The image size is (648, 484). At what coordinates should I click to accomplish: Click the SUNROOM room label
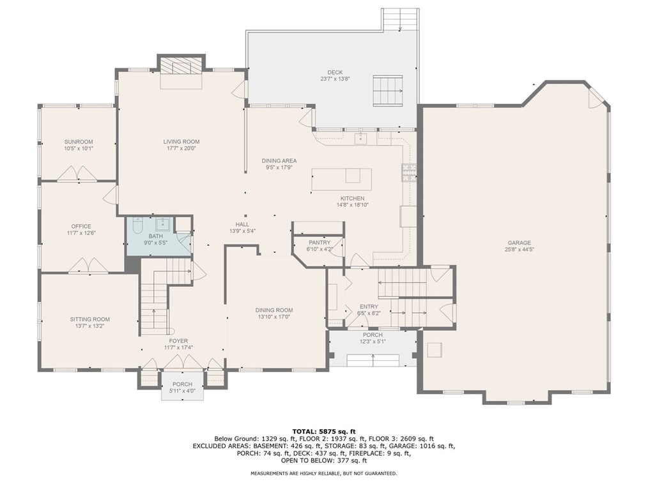(x=79, y=142)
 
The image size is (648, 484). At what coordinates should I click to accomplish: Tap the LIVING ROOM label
(x=181, y=142)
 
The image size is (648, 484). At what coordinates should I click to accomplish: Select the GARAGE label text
(x=519, y=243)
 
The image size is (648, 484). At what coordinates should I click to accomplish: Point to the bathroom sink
(x=162, y=223)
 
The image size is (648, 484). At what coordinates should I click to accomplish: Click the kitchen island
(x=341, y=180)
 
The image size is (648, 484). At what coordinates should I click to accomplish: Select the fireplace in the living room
(x=181, y=68)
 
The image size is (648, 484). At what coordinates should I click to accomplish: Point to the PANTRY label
(x=319, y=243)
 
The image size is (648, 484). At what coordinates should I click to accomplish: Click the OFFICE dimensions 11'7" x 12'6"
(x=81, y=233)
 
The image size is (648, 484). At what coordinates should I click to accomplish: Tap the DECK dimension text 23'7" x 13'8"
(x=335, y=79)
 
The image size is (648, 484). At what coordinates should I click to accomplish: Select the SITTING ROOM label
(x=89, y=319)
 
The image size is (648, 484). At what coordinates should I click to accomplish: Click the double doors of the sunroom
(x=77, y=173)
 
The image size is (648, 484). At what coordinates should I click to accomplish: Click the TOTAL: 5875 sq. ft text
(x=323, y=431)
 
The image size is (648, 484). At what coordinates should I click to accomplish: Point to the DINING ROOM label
(x=275, y=310)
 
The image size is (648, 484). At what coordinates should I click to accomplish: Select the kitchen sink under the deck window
(x=359, y=138)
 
